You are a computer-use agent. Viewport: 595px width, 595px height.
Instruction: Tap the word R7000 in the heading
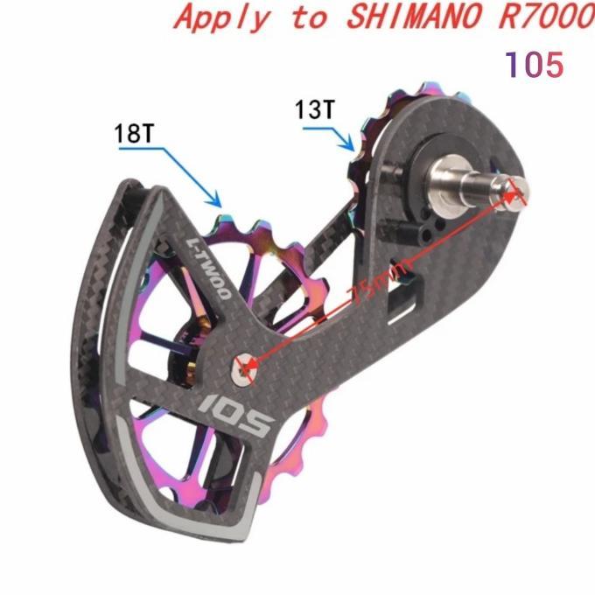click(x=548, y=17)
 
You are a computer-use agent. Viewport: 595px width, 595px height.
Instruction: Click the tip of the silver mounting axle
click(x=517, y=190)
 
